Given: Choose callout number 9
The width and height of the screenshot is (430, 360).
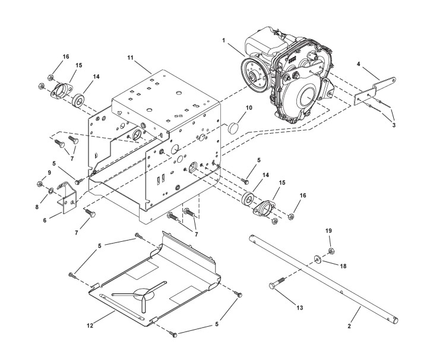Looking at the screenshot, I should pyautogui.click(x=40, y=173).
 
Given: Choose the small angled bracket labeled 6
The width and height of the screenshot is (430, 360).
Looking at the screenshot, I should pyautogui.click(x=68, y=196).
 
